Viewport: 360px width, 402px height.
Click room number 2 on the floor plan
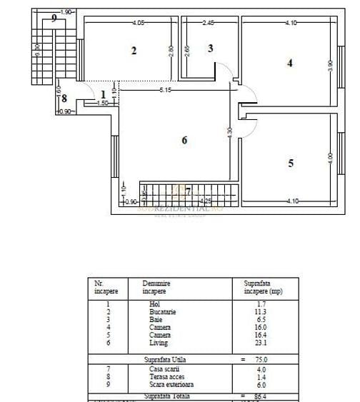tap(134, 50)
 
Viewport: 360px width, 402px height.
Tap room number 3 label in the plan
tap(211, 49)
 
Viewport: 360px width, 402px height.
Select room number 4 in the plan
tap(289, 63)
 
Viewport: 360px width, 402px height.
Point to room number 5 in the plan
tap(290, 163)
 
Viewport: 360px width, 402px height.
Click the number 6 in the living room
tap(184, 141)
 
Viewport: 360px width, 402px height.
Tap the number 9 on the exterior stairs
tap(54, 19)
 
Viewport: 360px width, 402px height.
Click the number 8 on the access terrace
tap(64, 99)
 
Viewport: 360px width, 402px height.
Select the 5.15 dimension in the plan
tap(165, 90)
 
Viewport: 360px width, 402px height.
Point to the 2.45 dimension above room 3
tap(209, 23)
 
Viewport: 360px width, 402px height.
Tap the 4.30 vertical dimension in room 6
tap(229, 134)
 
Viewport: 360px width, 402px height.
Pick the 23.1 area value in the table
tap(255, 342)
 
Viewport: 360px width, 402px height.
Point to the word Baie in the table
tap(149, 319)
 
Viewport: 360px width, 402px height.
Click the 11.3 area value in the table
tap(255, 311)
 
